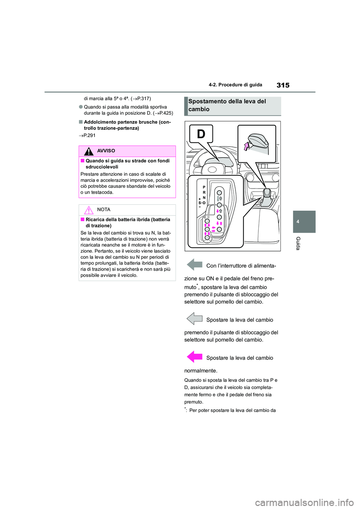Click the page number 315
point(283,85)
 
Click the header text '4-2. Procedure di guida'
point(235,85)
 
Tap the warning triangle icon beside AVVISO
point(89,151)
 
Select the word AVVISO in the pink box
point(106,151)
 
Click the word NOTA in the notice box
point(104,210)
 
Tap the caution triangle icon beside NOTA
point(89,210)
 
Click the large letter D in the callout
point(201,134)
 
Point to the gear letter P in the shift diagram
point(204,187)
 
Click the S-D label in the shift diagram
point(202,203)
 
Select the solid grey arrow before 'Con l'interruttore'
point(194,265)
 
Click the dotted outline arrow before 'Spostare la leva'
point(194,319)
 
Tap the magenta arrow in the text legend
point(194,357)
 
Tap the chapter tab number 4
point(298,222)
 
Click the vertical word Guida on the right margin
point(298,243)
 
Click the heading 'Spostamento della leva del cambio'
point(227,105)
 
